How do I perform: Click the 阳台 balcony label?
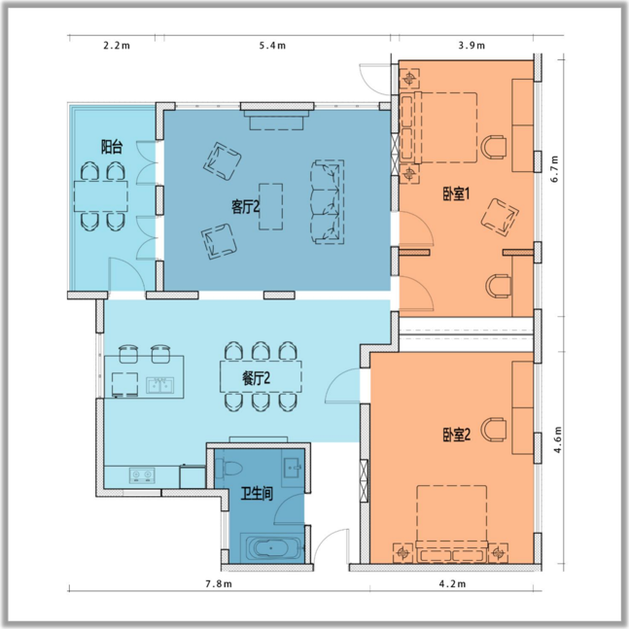tap(112, 147)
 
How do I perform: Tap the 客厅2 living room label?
tap(246, 207)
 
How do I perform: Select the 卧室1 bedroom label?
tap(456, 194)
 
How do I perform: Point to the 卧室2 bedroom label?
tap(457, 435)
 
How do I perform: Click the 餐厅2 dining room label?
tap(256, 378)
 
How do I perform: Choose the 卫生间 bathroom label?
tap(257, 494)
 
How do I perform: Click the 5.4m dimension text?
tap(272, 46)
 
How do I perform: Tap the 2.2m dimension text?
tap(117, 46)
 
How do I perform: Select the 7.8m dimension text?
tap(219, 583)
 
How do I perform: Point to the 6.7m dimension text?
tap(555, 168)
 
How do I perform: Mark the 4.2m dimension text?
tap(452, 583)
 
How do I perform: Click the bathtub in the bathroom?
tap(271, 547)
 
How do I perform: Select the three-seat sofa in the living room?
tap(328, 202)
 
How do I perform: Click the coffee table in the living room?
tap(271, 207)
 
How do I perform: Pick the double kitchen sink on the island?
tap(159, 385)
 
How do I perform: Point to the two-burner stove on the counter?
tap(142, 475)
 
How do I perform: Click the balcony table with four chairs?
tap(101, 196)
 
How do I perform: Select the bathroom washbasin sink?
tap(292, 468)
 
